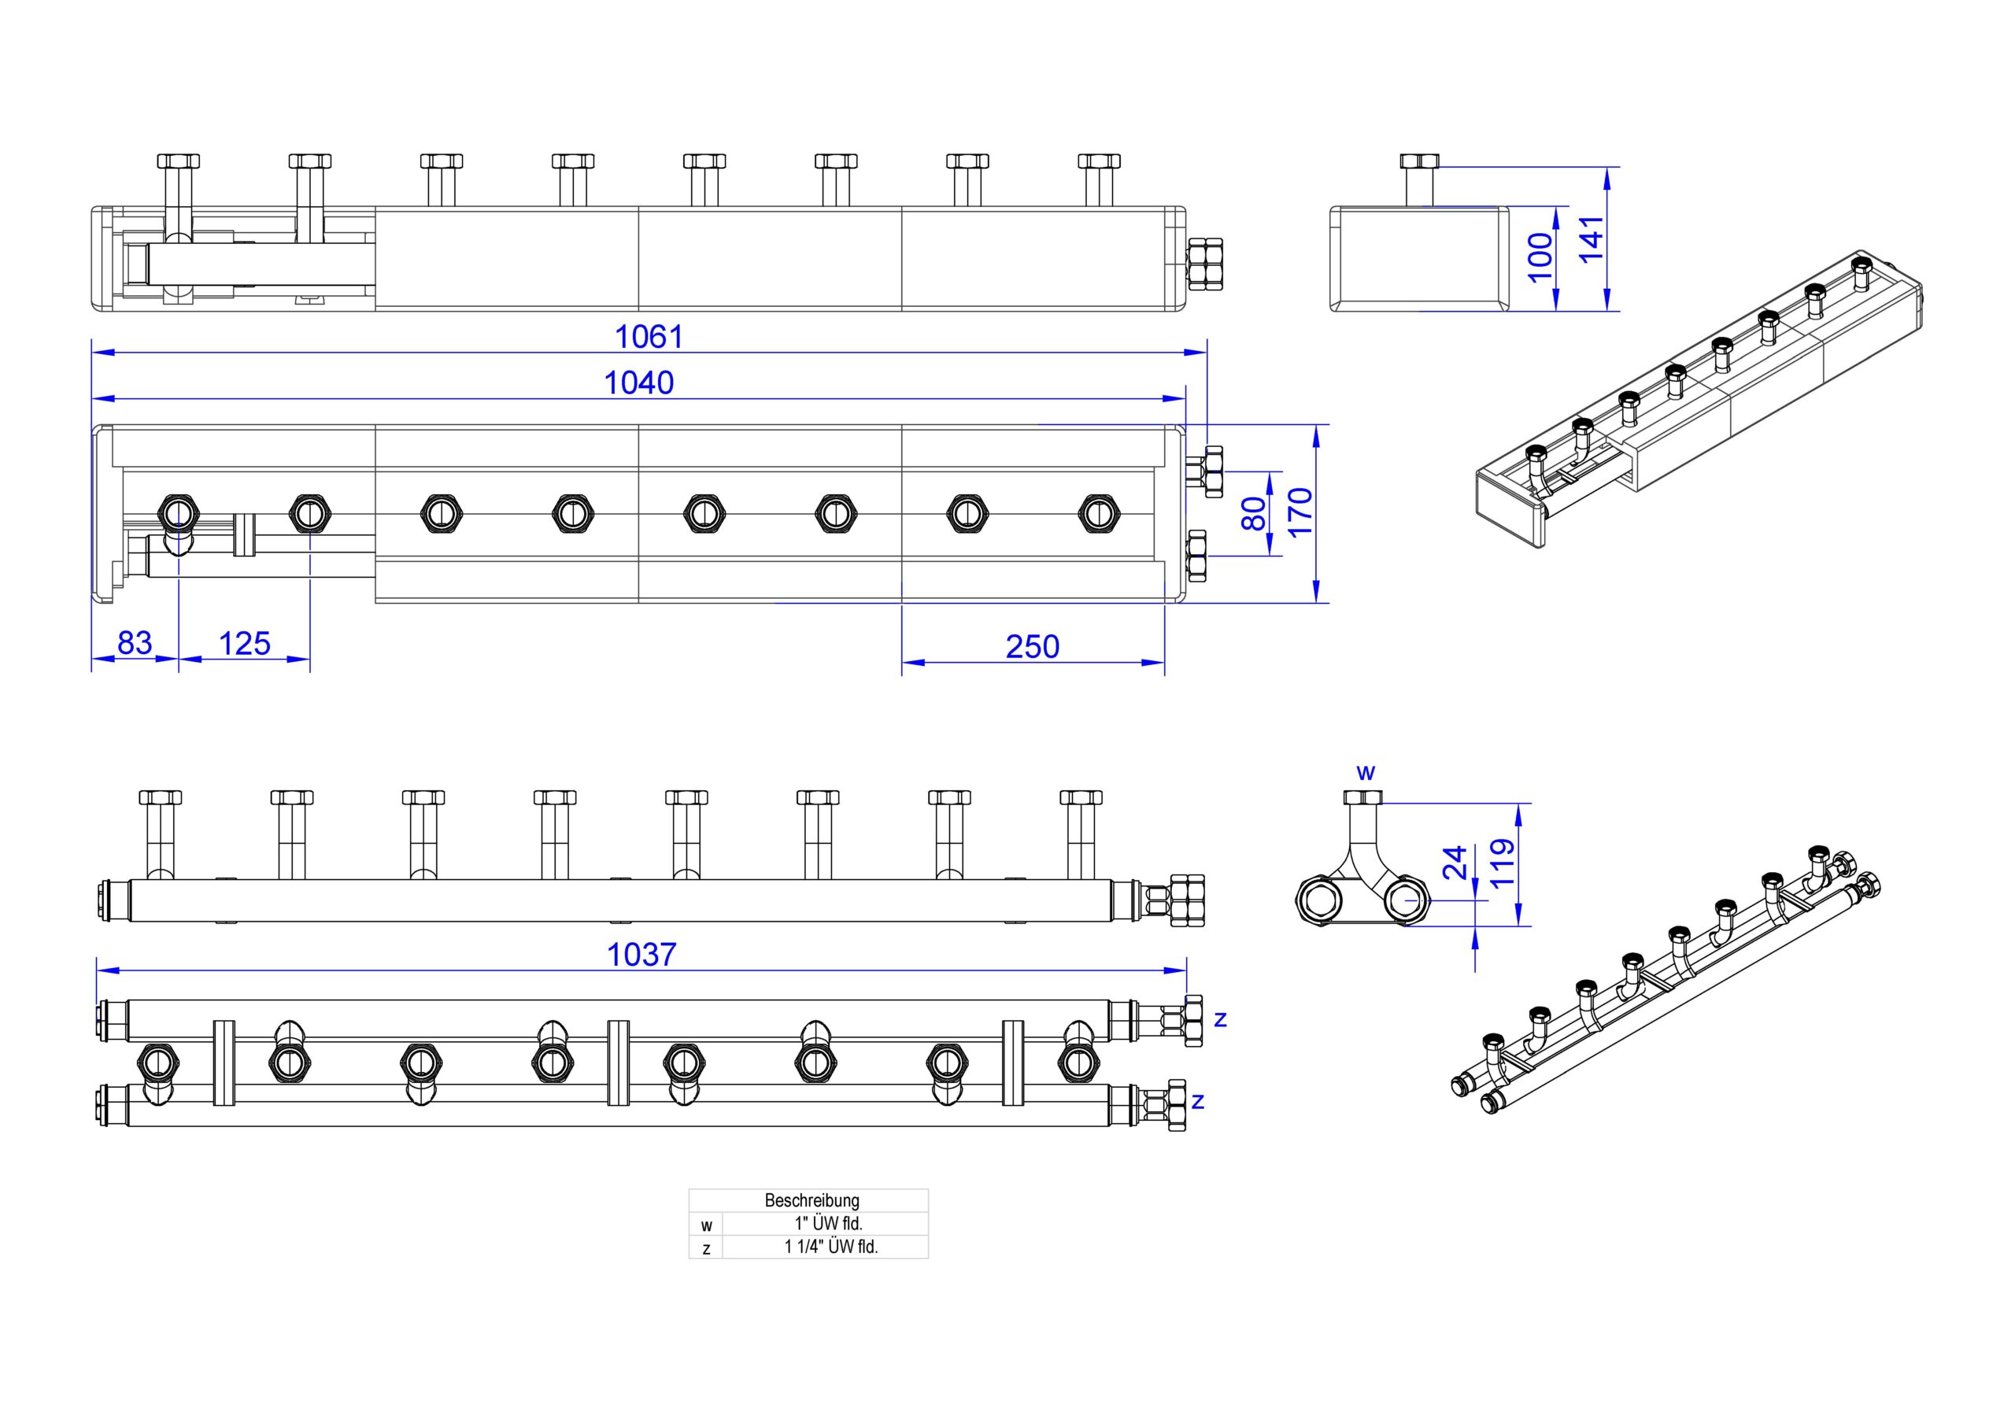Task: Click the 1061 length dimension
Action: coord(649,336)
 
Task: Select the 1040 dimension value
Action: coord(639,383)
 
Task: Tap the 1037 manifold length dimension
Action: coord(641,955)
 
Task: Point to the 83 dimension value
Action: coord(135,643)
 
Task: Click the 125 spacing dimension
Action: coord(244,644)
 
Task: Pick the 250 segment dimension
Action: coord(1032,647)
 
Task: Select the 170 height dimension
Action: coord(1300,512)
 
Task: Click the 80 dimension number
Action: coord(1255,513)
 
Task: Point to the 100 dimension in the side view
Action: coord(1541,257)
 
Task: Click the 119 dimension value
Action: coord(1503,863)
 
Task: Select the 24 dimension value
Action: coord(1455,862)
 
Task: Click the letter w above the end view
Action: coord(1366,773)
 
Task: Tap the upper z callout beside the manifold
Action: coord(1219,1020)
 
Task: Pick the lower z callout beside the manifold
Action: coord(1198,1101)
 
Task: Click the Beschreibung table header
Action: coord(812,1200)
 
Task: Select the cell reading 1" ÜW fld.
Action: coord(823,1223)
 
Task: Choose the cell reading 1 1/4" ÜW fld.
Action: coord(831,1247)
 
